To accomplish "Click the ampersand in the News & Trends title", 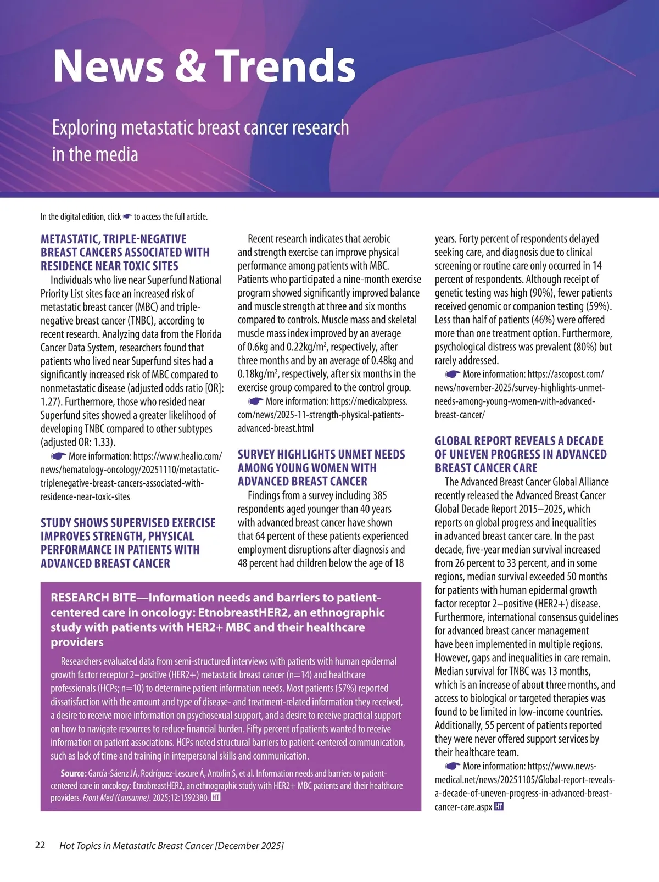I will [x=190, y=66].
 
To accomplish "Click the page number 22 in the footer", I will [x=40, y=845].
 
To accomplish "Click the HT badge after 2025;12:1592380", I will [x=216, y=797].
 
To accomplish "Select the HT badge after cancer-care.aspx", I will [x=499, y=807].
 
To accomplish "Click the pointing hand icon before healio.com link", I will [x=58, y=456].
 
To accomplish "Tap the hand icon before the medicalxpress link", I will [x=255, y=401].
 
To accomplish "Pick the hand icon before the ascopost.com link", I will [x=453, y=375].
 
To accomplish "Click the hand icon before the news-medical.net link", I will [x=453, y=766].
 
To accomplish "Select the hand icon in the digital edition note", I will [x=127, y=216].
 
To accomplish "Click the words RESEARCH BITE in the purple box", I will [x=94, y=598].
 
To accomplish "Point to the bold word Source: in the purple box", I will [x=74, y=773].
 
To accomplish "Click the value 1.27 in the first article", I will [x=50, y=402].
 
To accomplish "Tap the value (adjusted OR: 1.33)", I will [x=78, y=443].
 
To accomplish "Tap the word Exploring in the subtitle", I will [x=85, y=128].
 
